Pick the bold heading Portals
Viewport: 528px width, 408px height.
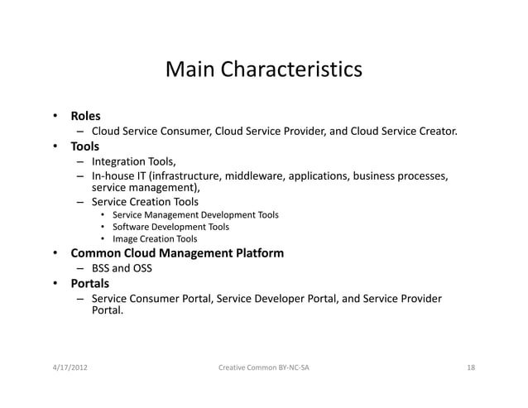(x=89, y=284)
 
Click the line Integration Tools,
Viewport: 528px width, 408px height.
(x=133, y=161)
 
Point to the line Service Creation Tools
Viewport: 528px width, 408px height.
(x=145, y=201)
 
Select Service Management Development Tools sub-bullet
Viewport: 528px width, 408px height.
(x=195, y=214)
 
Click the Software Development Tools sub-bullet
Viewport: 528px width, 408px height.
(x=170, y=227)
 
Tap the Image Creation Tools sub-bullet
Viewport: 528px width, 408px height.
(x=155, y=239)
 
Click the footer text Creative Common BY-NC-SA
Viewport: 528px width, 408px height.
(x=264, y=367)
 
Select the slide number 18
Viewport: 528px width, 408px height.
(x=470, y=367)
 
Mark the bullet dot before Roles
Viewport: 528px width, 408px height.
(x=55, y=116)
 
